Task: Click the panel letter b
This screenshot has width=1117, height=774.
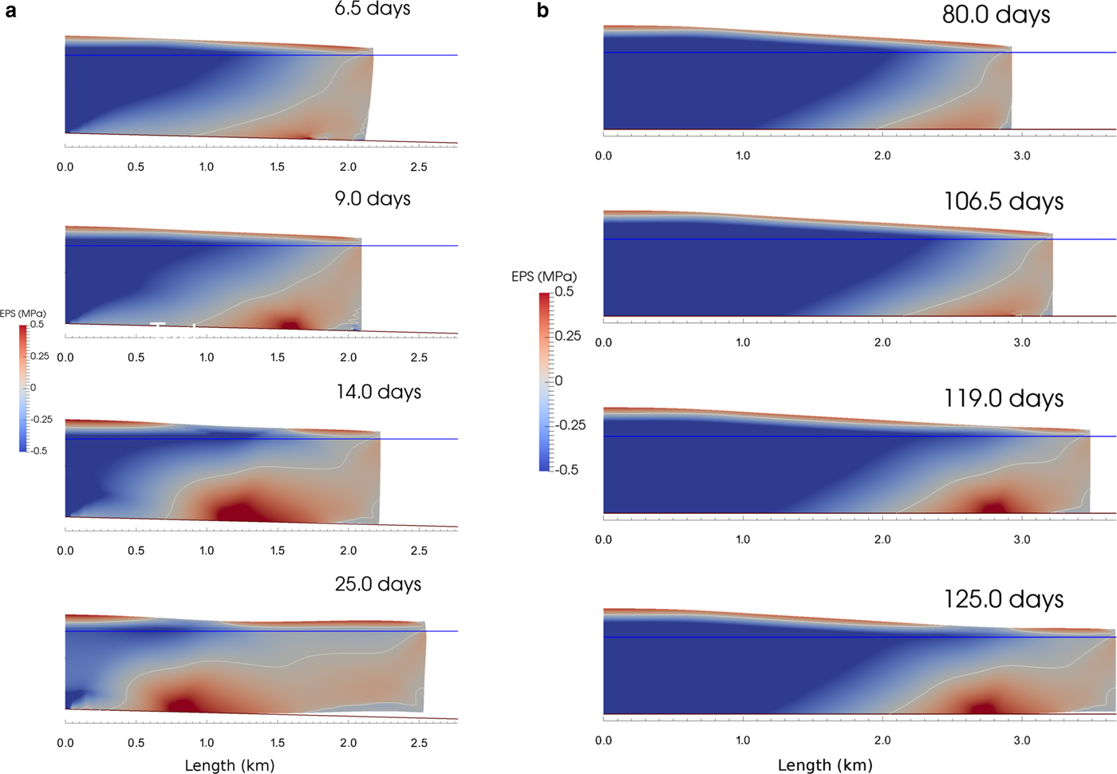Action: (x=543, y=11)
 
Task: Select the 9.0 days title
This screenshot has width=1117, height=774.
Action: (x=373, y=199)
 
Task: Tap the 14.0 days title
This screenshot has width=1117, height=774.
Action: (x=378, y=392)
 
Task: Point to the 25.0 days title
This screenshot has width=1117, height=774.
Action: (x=378, y=584)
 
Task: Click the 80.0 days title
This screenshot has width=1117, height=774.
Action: (x=996, y=14)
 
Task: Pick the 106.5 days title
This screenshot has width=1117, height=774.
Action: (x=1004, y=201)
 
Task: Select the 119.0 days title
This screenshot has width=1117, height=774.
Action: (x=1004, y=398)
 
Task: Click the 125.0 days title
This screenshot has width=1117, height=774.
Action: (x=1004, y=599)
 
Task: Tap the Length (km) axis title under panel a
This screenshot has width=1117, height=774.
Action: (x=230, y=765)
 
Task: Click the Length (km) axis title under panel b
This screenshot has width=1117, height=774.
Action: (x=825, y=765)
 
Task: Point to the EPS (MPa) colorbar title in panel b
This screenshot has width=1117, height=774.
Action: (x=544, y=277)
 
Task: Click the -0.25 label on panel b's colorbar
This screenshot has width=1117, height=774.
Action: (x=570, y=425)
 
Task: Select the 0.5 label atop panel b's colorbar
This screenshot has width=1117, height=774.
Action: (x=564, y=292)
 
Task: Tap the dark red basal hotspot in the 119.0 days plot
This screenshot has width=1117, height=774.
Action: (x=993, y=507)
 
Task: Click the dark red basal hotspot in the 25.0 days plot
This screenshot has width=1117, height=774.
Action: (x=182, y=704)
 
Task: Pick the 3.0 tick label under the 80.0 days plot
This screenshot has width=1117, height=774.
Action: (x=1022, y=156)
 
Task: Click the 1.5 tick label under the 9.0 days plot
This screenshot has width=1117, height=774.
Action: (x=278, y=357)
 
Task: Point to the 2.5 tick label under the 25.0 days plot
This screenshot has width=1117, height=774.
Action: (x=419, y=743)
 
